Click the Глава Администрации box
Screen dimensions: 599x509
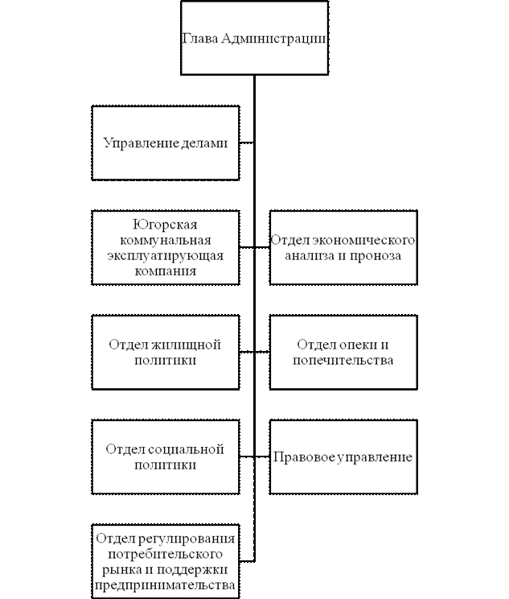254,38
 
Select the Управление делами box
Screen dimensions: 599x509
166,143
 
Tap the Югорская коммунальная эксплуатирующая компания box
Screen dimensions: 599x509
166,247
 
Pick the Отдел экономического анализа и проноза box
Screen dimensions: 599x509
343,247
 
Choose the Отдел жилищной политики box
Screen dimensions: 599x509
166,352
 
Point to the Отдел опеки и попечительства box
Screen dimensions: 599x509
343,352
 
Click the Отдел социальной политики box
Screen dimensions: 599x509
166,456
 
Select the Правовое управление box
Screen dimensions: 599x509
343,456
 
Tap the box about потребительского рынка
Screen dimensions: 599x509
166,561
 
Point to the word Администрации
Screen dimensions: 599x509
273,39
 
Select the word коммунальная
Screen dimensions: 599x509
166,239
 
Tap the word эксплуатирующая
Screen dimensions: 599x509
166,255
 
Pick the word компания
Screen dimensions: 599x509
166,271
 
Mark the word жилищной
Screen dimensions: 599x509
190,344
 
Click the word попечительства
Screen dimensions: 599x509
343,360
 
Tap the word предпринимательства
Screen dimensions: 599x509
166,585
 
